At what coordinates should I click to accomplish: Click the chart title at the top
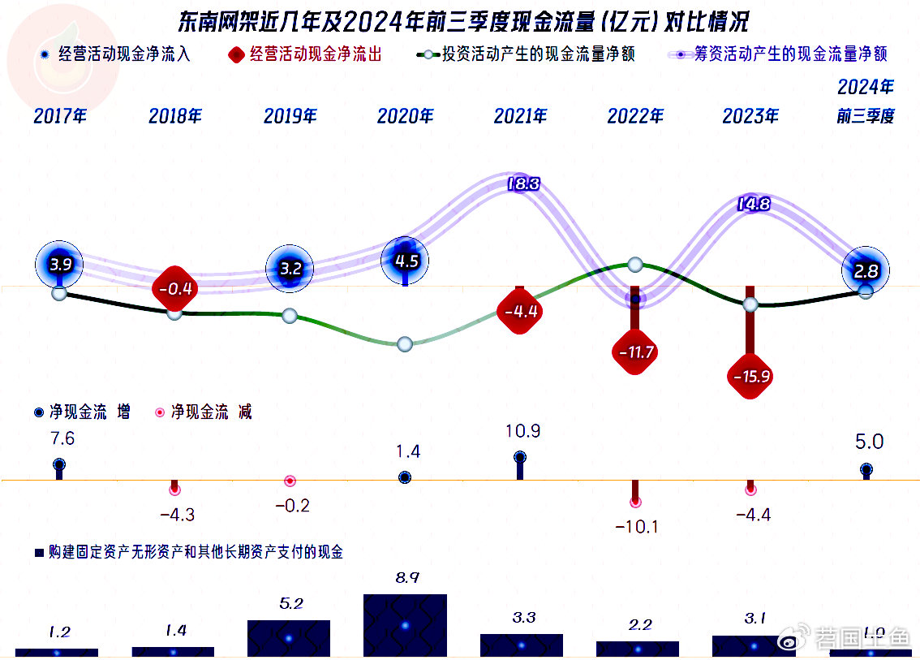click(x=463, y=20)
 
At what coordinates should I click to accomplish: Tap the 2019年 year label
click(x=290, y=116)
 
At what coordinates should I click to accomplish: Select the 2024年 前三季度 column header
click(x=866, y=101)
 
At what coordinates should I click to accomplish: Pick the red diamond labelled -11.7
click(x=635, y=352)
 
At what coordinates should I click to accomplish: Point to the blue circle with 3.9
click(x=60, y=265)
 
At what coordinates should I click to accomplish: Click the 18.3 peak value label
click(x=522, y=184)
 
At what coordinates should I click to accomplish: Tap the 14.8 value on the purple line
click(x=753, y=205)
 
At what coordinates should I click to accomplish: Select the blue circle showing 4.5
click(x=406, y=261)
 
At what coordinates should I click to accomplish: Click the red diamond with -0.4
click(x=175, y=288)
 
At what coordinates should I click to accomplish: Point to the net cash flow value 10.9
click(x=522, y=431)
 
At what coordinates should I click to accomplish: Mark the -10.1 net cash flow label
click(x=636, y=527)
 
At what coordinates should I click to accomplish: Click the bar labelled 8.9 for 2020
click(x=405, y=624)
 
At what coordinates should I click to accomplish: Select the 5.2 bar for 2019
click(x=289, y=637)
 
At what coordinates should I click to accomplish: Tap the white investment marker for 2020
click(x=406, y=344)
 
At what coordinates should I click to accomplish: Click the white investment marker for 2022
click(x=635, y=265)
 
